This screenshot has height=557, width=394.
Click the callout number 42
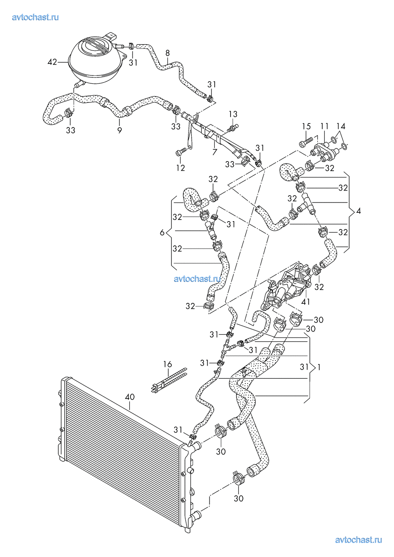pyautogui.click(x=52, y=62)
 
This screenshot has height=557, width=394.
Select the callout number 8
pyautogui.click(x=167, y=53)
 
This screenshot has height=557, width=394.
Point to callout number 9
pyautogui.click(x=119, y=130)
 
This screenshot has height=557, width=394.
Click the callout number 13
pyautogui.click(x=233, y=114)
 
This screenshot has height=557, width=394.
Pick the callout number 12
pyautogui.click(x=181, y=168)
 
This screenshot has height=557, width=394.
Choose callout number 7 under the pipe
pyautogui.click(x=214, y=152)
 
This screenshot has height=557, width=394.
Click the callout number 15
pyautogui.click(x=306, y=127)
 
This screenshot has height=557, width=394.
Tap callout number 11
pyautogui.click(x=325, y=127)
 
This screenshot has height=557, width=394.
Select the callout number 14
pyautogui.click(x=341, y=127)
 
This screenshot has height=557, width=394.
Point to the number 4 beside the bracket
pyautogui.click(x=358, y=211)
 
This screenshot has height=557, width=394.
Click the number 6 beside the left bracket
pyautogui.click(x=162, y=232)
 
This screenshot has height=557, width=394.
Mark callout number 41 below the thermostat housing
pyautogui.click(x=306, y=302)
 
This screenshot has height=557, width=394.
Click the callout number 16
pyautogui.click(x=167, y=364)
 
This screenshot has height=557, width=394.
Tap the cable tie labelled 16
pyautogui.click(x=170, y=380)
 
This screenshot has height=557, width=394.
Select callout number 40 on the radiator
pyautogui.click(x=130, y=397)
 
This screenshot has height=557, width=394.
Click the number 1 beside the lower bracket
pyautogui.click(x=319, y=367)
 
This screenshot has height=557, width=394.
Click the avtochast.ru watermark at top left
pyautogui.click(x=35, y=17)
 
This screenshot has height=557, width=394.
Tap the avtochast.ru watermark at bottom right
pyautogui.click(x=358, y=540)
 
